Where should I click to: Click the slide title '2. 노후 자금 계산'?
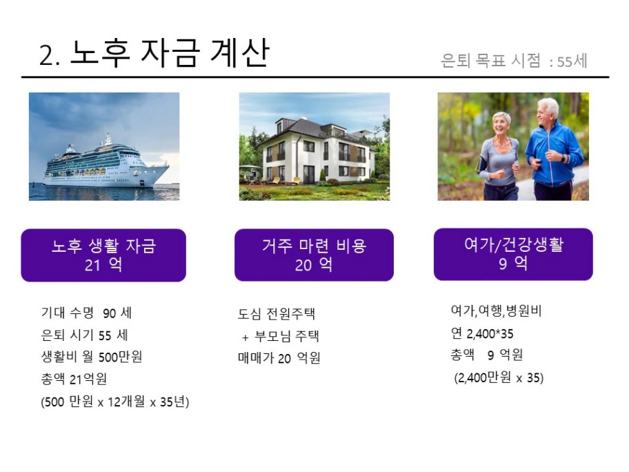(x=154, y=53)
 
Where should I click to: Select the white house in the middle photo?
(x=316, y=150)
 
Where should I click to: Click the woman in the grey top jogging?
(x=498, y=157)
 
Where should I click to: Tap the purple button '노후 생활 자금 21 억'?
(x=103, y=255)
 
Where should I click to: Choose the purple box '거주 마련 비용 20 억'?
(x=314, y=255)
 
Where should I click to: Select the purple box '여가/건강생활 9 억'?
(x=513, y=254)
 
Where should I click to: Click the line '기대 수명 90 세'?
(x=87, y=313)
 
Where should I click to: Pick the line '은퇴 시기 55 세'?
(x=85, y=335)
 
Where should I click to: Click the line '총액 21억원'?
(x=74, y=379)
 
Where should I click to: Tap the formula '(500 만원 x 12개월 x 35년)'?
(x=115, y=402)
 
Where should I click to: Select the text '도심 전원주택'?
(x=277, y=313)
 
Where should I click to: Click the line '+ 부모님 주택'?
(x=281, y=336)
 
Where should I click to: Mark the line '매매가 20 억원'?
(x=279, y=357)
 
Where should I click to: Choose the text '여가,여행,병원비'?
(x=497, y=311)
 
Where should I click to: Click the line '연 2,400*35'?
(x=482, y=333)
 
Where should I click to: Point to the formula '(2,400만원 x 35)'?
(x=499, y=377)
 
